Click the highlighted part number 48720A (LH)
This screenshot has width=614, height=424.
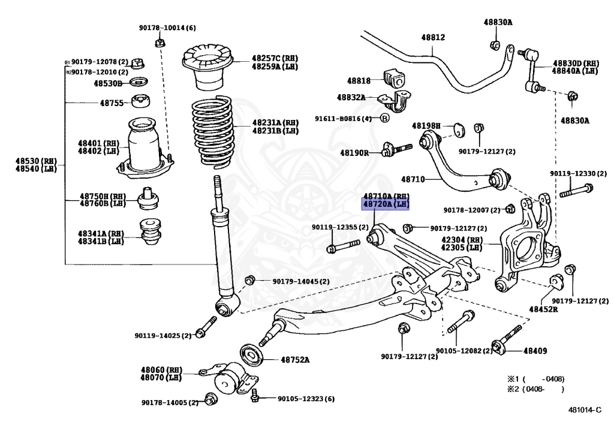[x=385, y=205]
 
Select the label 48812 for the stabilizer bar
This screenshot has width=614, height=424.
[x=433, y=37]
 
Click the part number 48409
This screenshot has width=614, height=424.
[x=535, y=350]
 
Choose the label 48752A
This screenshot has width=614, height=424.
[x=295, y=360]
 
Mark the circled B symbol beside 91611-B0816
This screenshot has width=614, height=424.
[x=385, y=118]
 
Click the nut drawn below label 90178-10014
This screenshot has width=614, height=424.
[x=159, y=43]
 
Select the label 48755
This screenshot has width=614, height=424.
[x=112, y=103]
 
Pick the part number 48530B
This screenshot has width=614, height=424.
[x=108, y=83]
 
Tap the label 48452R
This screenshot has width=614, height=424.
[x=543, y=309]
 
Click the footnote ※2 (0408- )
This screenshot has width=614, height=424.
[x=536, y=389]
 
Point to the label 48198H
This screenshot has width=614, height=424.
[x=426, y=126]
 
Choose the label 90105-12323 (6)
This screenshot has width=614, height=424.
[x=306, y=399]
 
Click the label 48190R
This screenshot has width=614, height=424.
[x=354, y=153]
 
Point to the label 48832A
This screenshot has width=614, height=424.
[x=351, y=97]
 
